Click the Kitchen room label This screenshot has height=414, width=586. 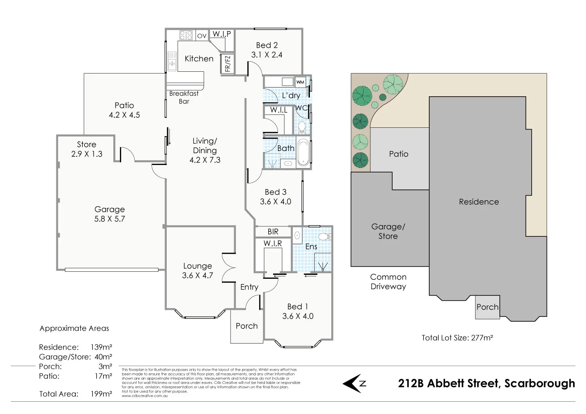click(199, 59)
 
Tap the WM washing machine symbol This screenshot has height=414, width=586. click(300, 82)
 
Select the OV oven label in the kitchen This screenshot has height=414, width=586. click(202, 36)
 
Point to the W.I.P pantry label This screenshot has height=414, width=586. click(221, 34)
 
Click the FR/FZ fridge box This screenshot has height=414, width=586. click(227, 63)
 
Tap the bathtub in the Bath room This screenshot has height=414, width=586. click(302, 153)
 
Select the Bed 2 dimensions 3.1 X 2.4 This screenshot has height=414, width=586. click(267, 55)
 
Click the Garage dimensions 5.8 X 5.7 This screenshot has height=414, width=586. click(109, 219)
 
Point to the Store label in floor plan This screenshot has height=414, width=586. click(87, 144)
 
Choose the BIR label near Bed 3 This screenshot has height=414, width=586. click(273, 232)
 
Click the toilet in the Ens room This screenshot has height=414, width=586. click(324, 237)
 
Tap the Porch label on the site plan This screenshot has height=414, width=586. click(487, 307)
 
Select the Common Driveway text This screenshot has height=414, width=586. click(388, 282)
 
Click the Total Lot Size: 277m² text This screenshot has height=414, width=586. click(457, 337)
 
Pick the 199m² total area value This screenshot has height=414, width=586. click(101, 393)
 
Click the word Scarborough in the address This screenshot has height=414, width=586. click(540, 383)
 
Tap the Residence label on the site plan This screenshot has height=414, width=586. click(479, 202)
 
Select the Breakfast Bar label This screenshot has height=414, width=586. click(184, 97)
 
